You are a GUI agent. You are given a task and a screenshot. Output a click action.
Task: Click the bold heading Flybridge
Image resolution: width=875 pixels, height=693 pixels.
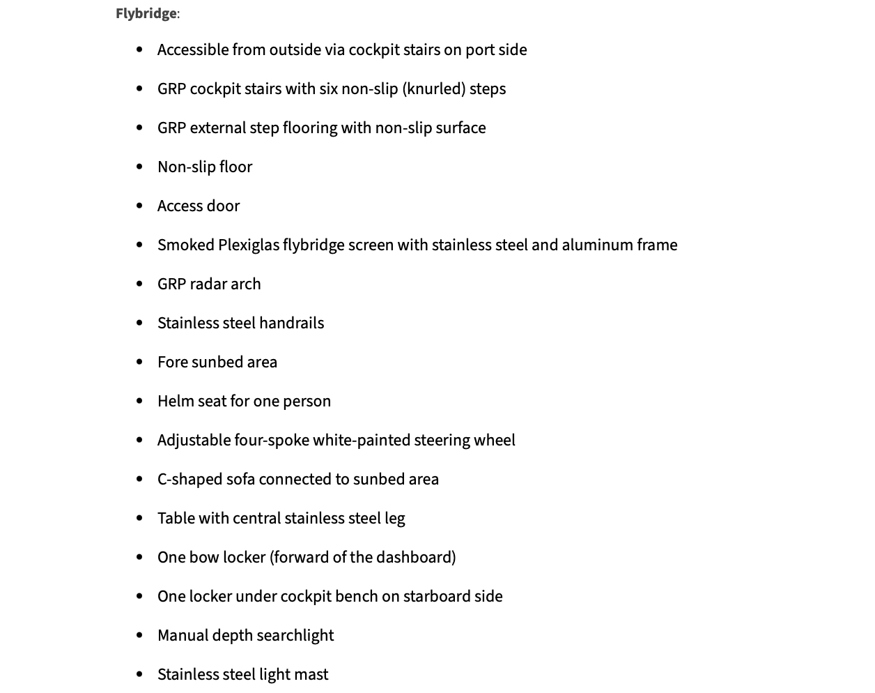pyautogui.click(x=146, y=14)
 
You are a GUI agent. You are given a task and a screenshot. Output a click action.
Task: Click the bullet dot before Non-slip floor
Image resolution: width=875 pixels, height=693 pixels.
pyautogui.click(x=140, y=167)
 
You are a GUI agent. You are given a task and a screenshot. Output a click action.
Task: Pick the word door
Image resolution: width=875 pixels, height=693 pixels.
pyautogui.click(x=224, y=206)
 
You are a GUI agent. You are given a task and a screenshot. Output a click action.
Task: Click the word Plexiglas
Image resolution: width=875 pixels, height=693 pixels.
pyautogui.click(x=248, y=245)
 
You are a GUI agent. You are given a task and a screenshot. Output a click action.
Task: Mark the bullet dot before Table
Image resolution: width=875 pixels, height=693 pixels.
pyautogui.click(x=140, y=519)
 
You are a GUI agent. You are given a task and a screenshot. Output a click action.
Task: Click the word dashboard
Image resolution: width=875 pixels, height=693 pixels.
pyautogui.click(x=416, y=558)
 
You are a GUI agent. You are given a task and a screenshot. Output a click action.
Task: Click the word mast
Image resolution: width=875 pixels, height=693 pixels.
pyautogui.click(x=313, y=675)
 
